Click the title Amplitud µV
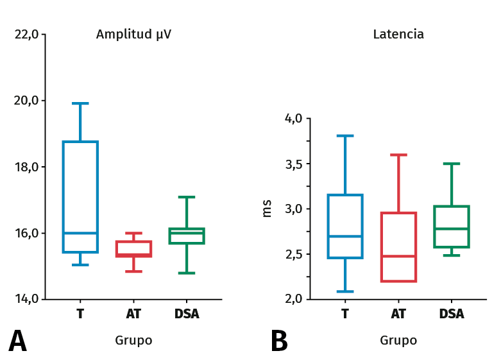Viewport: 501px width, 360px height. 133,35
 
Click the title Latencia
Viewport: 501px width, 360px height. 398,35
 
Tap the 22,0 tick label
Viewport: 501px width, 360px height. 26,35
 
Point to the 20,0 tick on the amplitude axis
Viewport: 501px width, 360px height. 26,101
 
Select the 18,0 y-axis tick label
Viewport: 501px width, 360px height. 26,167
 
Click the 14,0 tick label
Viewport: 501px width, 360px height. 26,299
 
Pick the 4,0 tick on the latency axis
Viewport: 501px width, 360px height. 294,119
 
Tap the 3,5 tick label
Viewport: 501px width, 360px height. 294,164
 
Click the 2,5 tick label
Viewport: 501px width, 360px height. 294,254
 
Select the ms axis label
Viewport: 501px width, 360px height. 267,209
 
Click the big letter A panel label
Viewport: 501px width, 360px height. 17,341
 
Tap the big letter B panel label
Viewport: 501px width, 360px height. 279,341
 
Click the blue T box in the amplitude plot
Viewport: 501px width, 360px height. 80,196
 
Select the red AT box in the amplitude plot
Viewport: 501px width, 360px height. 133,249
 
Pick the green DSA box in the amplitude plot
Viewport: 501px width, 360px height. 187,236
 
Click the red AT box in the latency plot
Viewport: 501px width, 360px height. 398,247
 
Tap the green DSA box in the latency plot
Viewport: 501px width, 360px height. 452,227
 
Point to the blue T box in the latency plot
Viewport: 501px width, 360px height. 345,227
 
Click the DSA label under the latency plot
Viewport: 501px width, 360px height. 452,314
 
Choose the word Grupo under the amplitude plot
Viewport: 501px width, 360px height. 133,341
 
